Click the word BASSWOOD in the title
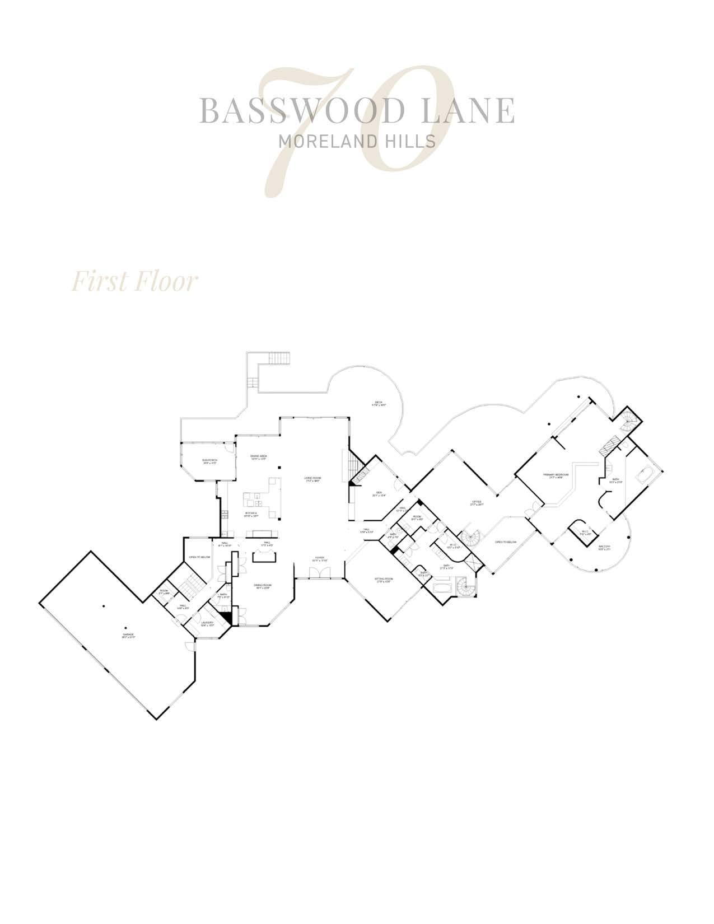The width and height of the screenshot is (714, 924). pos(296,110)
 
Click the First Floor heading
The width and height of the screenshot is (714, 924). pos(134,282)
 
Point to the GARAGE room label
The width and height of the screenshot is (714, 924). pos(129,634)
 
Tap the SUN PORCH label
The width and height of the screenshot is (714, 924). pos(210,461)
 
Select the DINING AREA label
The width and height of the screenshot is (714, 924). pos(258,456)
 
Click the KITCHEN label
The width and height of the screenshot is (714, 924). pos(251,514)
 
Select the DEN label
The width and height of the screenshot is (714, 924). pos(379,493)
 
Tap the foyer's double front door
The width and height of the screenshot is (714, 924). pos(319,572)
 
